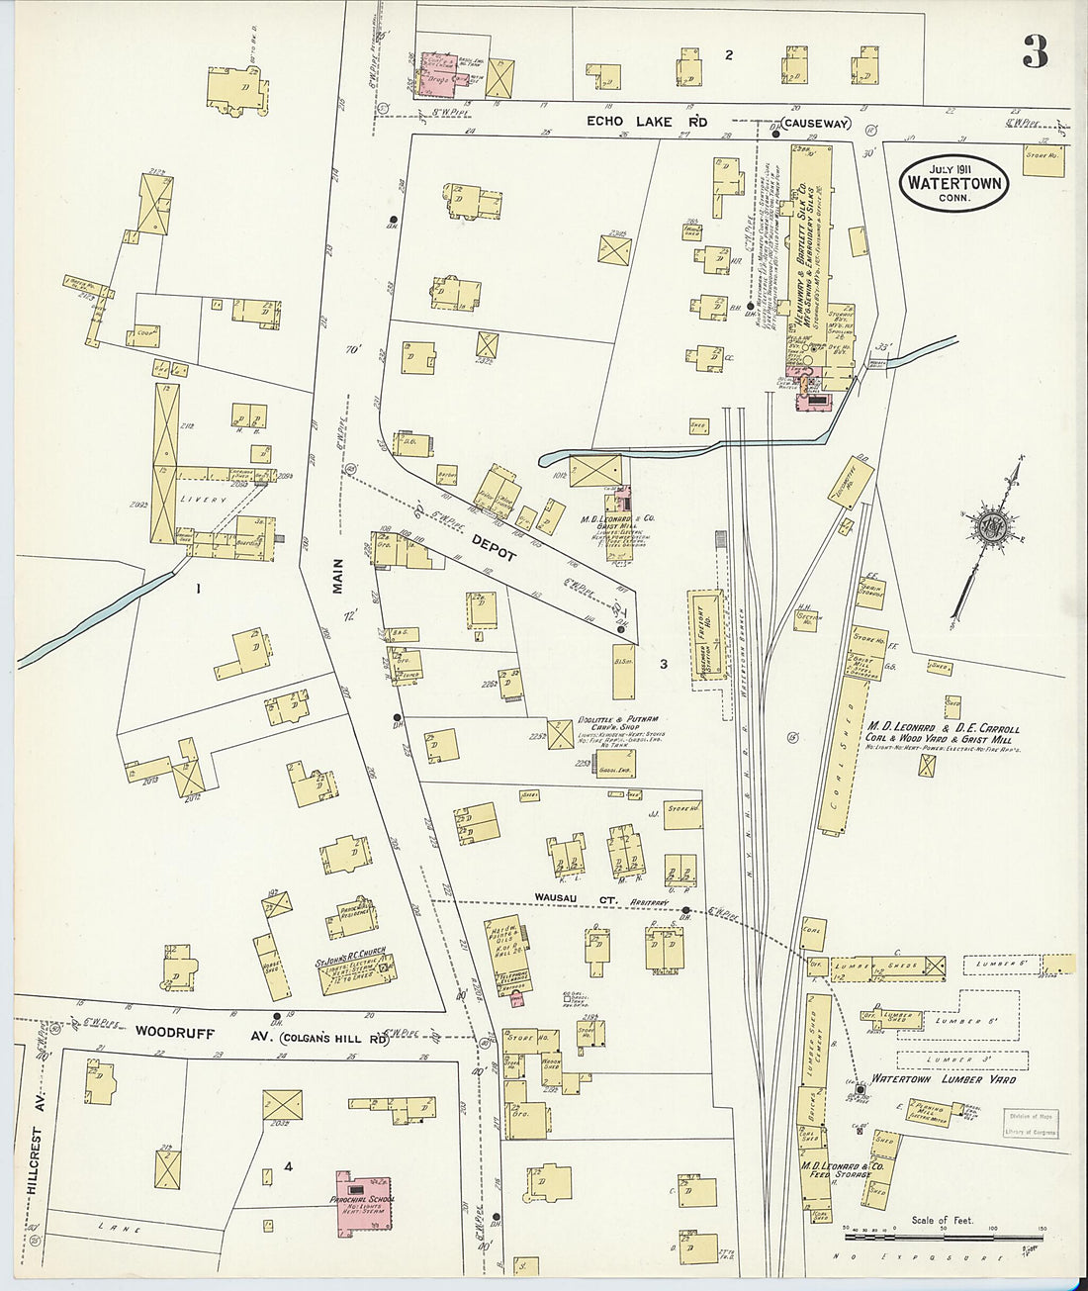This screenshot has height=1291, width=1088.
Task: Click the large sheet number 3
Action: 1035,51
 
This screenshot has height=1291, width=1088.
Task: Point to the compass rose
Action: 988,529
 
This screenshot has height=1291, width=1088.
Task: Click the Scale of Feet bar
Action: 942,1235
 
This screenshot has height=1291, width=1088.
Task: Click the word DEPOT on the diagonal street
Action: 493,548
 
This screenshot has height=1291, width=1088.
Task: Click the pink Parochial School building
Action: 363,1201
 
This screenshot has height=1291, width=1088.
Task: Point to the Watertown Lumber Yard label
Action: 943,1079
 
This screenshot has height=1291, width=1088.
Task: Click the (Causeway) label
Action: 815,124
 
